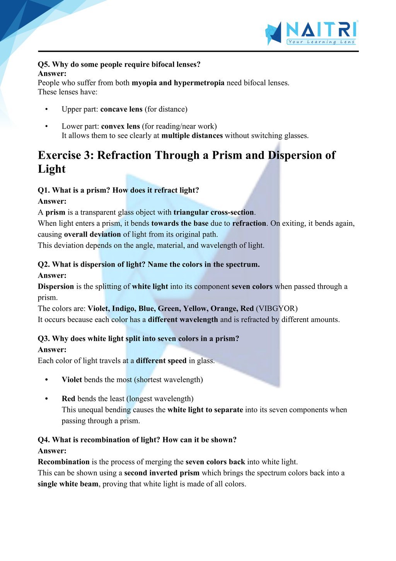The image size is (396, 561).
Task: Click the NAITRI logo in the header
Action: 311,32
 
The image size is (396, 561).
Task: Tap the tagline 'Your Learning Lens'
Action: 321,42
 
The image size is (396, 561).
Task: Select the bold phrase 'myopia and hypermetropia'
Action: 178,83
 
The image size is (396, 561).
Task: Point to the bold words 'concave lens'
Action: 121,109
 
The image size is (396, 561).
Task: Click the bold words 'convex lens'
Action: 120,126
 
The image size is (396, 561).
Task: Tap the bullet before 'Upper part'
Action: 46,109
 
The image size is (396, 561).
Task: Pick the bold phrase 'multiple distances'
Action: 192,136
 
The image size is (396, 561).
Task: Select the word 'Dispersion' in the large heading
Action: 294,155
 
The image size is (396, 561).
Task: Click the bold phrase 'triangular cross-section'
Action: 214,212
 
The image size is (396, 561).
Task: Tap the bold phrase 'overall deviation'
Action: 92,234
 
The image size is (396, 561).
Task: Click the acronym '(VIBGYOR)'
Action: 277,309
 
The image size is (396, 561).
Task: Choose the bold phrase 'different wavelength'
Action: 183,320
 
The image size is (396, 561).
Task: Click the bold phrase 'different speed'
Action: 161,361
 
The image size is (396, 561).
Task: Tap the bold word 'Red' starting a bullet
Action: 68,399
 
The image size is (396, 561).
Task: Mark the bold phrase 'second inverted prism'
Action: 162,473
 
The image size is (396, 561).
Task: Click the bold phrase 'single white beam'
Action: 68,484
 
